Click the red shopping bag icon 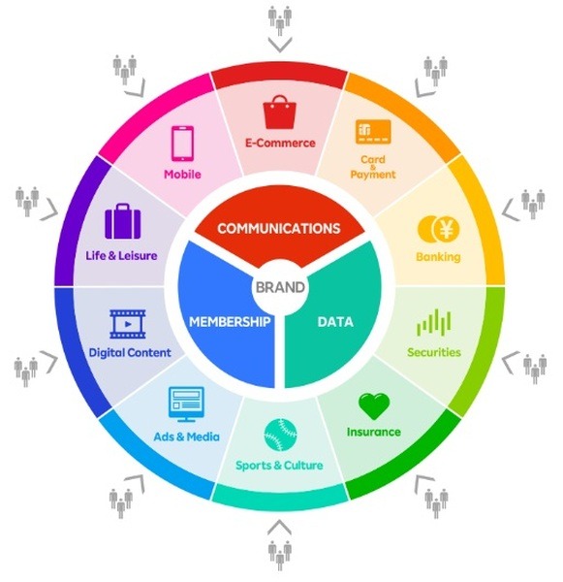tap(280, 113)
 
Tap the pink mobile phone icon tap(182, 144)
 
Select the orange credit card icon tap(373, 132)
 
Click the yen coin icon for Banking tap(438, 229)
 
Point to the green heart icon tap(374, 406)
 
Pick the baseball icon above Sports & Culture tap(280, 435)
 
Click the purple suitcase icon tap(123, 221)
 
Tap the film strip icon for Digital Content tap(128, 324)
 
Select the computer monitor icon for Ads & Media tap(186, 404)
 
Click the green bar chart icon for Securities tap(434, 323)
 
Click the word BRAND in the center tap(280, 287)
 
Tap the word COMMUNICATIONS tap(279, 228)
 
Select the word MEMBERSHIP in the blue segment tap(230, 321)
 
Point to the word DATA tap(335, 322)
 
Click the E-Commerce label tap(280, 143)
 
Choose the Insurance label tap(374, 432)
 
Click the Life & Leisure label tap(122, 255)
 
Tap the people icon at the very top tap(280, 20)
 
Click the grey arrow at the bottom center tap(279, 527)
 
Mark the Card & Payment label tap(373, 167)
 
